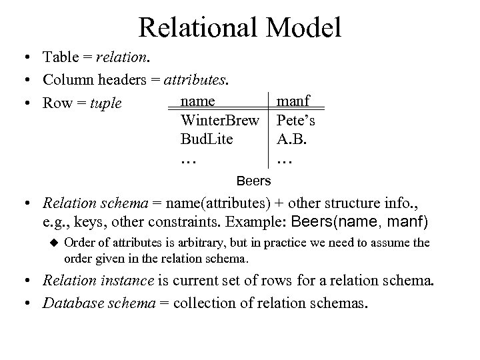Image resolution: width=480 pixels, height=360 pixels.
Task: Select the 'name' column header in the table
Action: [x=198, y=101]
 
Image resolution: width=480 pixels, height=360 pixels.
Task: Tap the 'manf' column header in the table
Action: [x=293, y=101]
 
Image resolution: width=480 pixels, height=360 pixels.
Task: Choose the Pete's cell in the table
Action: [x=296, y=122]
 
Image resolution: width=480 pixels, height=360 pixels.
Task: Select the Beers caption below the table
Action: [x=254, y=181]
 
